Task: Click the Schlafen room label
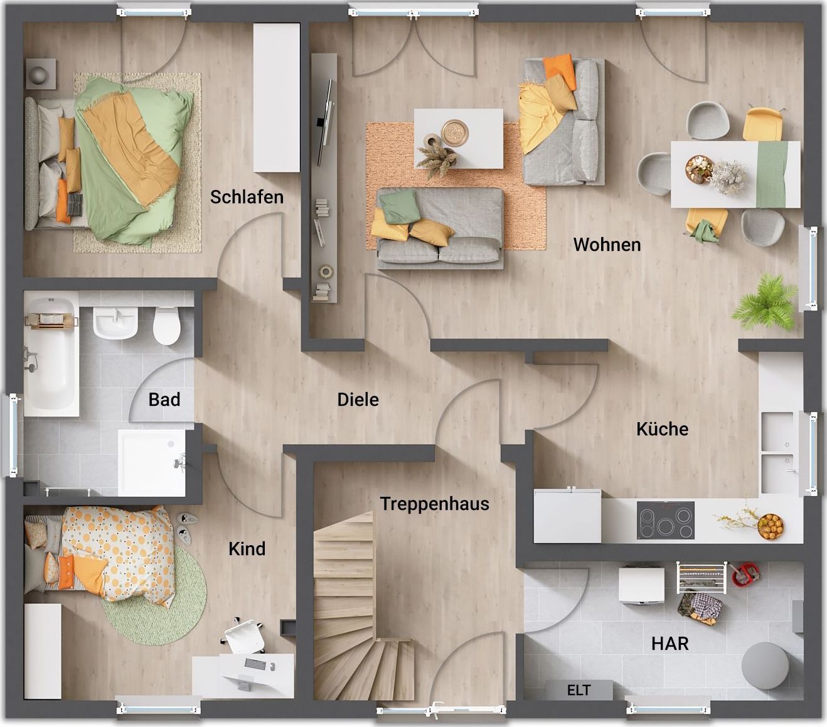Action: (x=247, y=197)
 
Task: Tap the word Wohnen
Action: (x=607, y=245)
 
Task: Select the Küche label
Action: (x=662, y=429)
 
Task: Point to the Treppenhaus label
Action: (x=434, y=504)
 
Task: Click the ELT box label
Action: (x=579, y=690)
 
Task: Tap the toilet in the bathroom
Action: (x=166, y=326)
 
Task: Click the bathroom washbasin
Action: (x=115, y=323)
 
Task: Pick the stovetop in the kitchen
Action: (x=665, y=520)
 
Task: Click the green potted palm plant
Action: (x=764, y=302)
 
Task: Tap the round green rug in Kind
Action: (x=155, y=595)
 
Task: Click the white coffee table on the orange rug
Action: (x=459, y=139)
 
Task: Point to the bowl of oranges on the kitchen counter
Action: (x=771, y=526)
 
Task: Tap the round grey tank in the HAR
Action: (x=765, y=666)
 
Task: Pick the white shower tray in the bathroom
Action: (x=151, y=462)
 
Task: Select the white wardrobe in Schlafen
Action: (x=277, y=98)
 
